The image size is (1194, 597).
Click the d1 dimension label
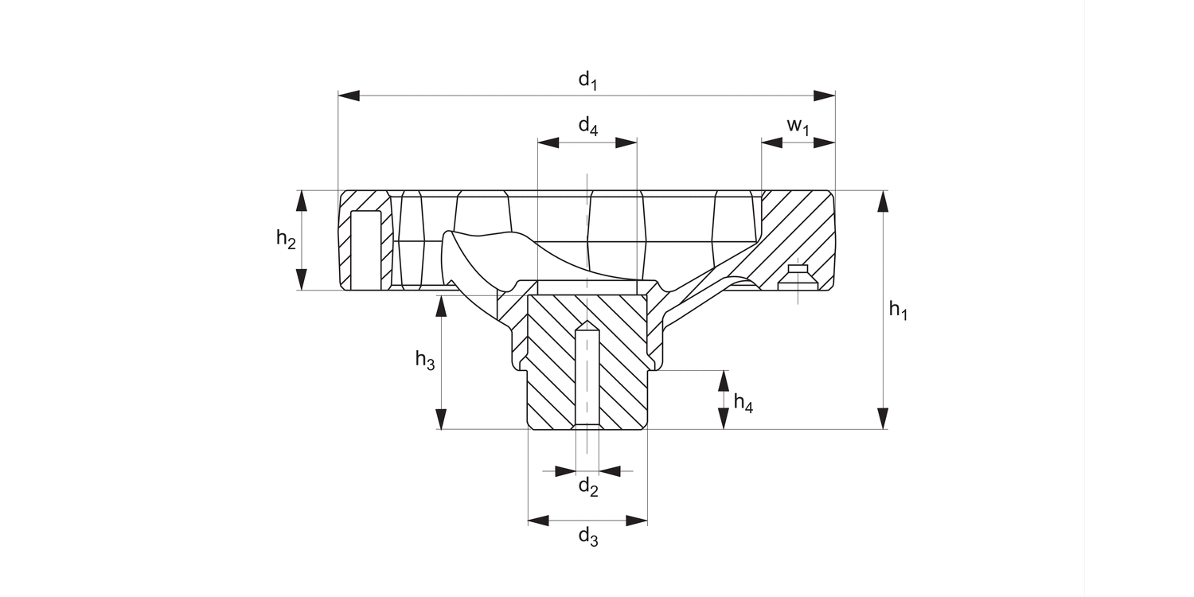(x=587, y=80)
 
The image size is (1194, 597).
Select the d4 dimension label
(x=587, y=127)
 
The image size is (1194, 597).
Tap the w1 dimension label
(x=798, y=127)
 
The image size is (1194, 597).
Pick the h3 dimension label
(x=425, y=360)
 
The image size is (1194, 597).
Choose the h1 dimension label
(x=898, y=310)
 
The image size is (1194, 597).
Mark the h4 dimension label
(x=743, y=403)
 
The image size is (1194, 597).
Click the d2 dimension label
(x=587, y=487)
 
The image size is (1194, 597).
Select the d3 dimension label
(x=587, y=537)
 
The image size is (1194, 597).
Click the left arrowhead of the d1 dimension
(x=349, y=96)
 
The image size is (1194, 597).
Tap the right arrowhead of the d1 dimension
(x=825, y=96)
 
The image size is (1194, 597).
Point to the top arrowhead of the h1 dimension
(x=882, y=201)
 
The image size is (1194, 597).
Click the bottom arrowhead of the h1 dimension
(x=882, y=419)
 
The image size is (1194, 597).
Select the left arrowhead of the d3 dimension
(x=538, y=521)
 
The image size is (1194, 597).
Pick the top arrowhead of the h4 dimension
(x=723, y=380)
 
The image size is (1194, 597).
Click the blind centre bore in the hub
(x=587, y=374)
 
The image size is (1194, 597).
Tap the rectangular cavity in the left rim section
(x=365, y=251)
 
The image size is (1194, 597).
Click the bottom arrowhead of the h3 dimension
(x=442, y=419)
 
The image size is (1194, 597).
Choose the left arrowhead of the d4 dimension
(x=548, y=143)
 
